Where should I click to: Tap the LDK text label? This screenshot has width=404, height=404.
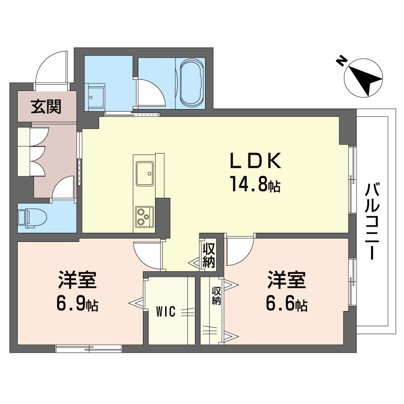click(x=255, y=161)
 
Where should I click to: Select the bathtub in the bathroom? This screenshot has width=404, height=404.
click(x=190, y=83)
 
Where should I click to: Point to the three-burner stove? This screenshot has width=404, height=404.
click(x=144, y=218)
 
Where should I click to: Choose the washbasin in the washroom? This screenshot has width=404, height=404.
click(x=96, y=93)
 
